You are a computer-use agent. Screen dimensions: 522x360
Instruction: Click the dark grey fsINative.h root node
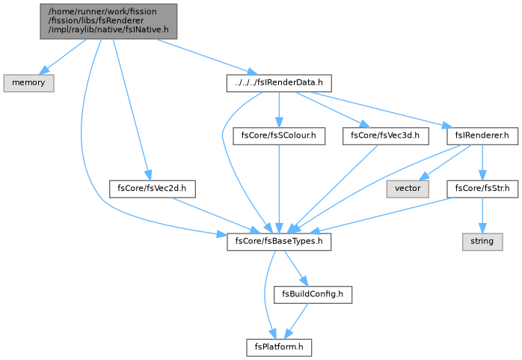tap(108, 22)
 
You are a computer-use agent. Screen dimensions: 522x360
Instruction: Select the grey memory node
tap(28, 83)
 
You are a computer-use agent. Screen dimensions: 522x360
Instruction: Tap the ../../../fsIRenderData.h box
tap(279, 83)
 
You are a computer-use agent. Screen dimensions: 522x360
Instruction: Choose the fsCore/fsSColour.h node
tap(279, 136)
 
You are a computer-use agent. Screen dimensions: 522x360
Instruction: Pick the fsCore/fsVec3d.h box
tap(385, 136)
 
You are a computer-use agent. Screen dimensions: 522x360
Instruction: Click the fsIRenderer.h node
tap(482, 136)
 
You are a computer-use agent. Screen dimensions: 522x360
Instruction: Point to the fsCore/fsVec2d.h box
tap(152, 189)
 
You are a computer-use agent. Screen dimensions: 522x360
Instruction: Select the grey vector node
tap(408, 189)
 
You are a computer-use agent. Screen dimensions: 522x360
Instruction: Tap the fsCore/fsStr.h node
tap(482, 189)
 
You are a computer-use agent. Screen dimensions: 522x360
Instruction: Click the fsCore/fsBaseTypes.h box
tap(279, 242)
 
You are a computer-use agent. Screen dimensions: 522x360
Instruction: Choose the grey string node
tap(482, 242)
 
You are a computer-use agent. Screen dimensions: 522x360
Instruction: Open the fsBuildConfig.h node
tap(313, 295)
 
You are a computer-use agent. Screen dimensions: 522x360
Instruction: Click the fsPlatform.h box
tap(279, 348)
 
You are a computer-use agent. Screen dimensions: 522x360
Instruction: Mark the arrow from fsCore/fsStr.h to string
tap(482, 216)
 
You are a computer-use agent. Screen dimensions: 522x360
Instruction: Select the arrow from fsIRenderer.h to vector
tap(445, 162)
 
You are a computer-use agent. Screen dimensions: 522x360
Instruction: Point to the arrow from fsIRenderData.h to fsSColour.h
tap(279, 109)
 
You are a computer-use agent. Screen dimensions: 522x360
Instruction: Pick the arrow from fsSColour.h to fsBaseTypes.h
tap(279, 189)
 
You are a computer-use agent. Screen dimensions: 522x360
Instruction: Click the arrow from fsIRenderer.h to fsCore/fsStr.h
tap(482, 162)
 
